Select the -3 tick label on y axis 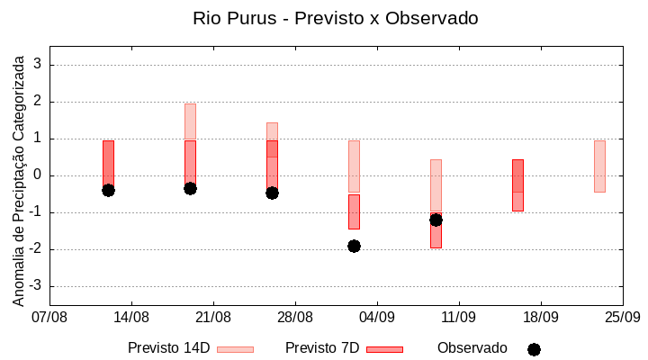(35, 286)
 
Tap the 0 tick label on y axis (38, 175)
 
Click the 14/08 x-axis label (131, 317)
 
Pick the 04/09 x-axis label (377, 317)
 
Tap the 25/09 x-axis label (622, 317)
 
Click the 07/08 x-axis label (49, 317)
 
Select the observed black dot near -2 (354, 246)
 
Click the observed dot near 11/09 (436, 220)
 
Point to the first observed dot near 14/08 (108, 190)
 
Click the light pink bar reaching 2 (190, 121)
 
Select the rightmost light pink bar (599, 166)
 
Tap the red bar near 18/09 (517, 184)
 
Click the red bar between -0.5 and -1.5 (354, 211)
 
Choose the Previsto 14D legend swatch (235, 348)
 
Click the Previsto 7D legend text (322, 347)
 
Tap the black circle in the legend (534, 349)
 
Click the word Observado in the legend (472, 347)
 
